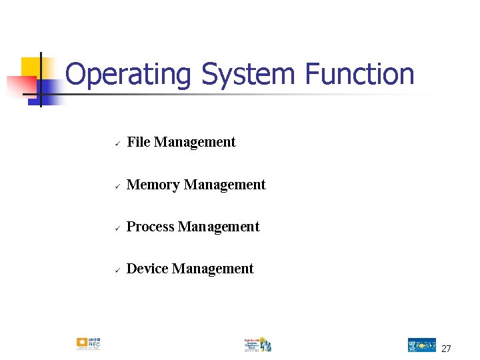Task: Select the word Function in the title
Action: [x=360, y=74]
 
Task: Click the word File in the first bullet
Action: [x=139, y=142]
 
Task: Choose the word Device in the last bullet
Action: [x=147, y=269]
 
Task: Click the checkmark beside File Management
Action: [x=116, y=143]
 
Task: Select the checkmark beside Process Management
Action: [x=116, y=228]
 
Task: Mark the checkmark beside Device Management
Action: [x=116, y=270]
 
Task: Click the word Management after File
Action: [x=195, y=142]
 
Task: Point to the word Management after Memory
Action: [x=225, y=185]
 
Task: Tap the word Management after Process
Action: [x=219, y=227]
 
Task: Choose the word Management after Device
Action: [x=213, y=269]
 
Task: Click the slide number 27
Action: [x=446, y=349]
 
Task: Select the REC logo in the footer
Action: [x=89, y=344]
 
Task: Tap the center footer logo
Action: [x=257, y=344]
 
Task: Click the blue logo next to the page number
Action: [x=421, y=345]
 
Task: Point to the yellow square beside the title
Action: [x=31, y=67]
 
